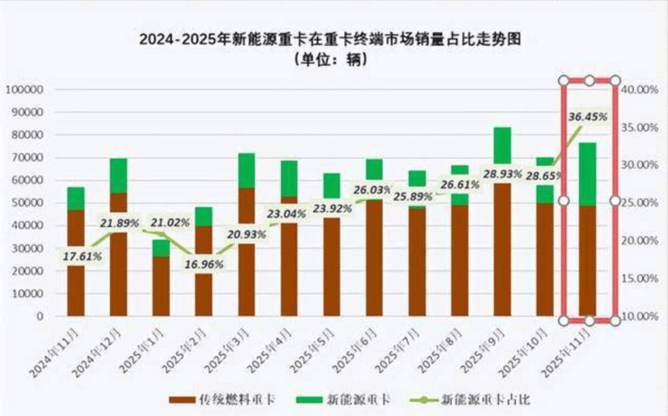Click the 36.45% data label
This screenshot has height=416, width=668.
(587, 116)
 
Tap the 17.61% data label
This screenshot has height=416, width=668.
(82, 256)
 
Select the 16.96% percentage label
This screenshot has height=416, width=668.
(204, 264)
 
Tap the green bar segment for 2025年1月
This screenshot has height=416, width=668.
(161, 248)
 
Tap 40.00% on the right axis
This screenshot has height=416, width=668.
(640, 90)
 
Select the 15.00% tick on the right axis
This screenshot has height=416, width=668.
(640, 279)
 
